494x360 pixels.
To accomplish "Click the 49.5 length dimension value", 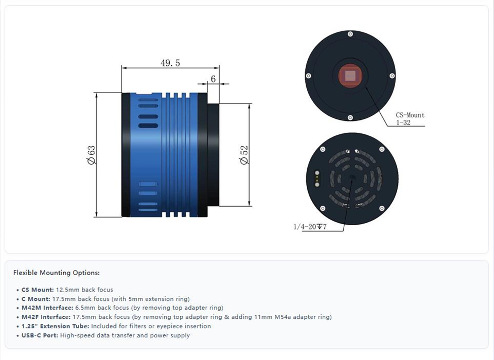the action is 170,63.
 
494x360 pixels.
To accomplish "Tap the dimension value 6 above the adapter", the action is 213,79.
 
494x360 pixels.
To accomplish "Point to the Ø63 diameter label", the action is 91,155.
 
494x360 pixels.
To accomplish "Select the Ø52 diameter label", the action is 244,155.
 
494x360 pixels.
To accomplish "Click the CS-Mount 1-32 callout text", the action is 410,119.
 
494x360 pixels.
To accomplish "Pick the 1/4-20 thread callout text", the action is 310,226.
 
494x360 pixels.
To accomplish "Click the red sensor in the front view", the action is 350,76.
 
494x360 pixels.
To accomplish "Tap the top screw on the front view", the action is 350,34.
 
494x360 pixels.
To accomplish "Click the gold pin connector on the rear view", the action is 317,179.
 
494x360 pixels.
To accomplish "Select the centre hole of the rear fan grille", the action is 352,178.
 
